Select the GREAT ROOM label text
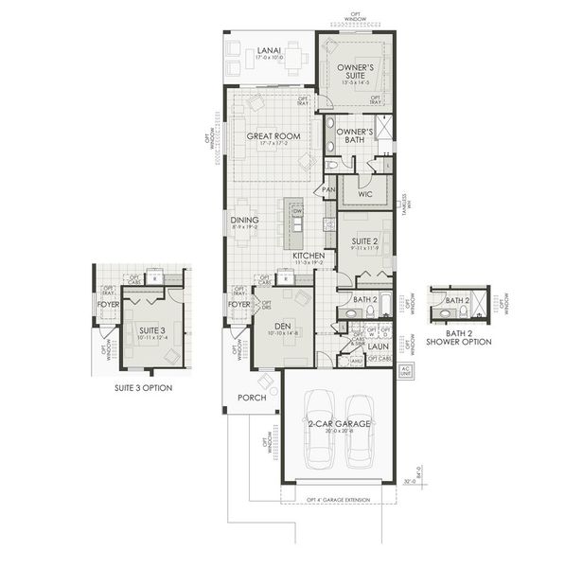pos(274,136)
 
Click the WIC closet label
pos(365,193)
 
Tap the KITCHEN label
pos(309,256)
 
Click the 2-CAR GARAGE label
pos(338,423)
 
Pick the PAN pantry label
pos(328,189)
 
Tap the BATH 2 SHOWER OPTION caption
pos(459,337)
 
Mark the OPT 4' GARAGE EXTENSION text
pos(338,499)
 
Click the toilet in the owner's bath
pos(333,164)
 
